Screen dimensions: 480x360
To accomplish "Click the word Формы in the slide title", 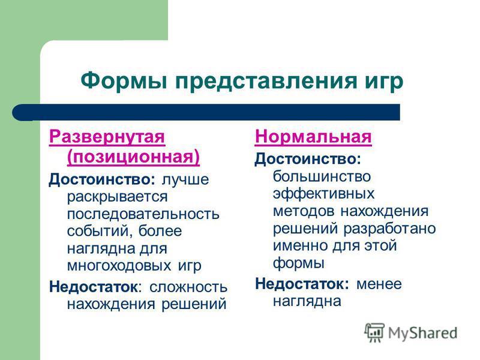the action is pyautogui.click(x=124, y=80).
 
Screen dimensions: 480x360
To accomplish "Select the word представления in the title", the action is pyautogui.click(x=265, y=82).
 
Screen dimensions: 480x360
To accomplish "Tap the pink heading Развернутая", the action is pyautogui.click(x=107, y=137).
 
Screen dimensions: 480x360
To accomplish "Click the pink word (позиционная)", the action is pyautogui.click(x=133, y=157).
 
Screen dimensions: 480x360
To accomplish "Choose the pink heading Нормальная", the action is pyautogui.click(x=313, y=137).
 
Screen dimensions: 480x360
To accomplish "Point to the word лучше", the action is pyautogui.click(x=185, y=179).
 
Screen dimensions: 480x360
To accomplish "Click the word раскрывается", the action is pyautogui.click(x=117, y=197).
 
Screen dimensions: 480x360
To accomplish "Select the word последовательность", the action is pyautogui.click(x=143, y=214).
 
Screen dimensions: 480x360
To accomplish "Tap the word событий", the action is pyautogui.click(x=100, y=231).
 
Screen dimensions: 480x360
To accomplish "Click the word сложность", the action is pyautogui.click(x=188, y=287).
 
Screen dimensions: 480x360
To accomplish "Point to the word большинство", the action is pyautogui.click(x=322, y=176).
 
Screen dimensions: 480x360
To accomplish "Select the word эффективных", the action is pyautogui.click(x=323, y=193).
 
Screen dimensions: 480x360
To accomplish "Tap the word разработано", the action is pyautogui.click(x=389, y=229).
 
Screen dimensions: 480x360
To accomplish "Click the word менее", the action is pyautogui.click(x=379, y=284).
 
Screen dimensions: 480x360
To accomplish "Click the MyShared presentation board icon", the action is pyautogui.click(x=374, y=332).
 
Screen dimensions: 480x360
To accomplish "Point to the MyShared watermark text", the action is pyautogui.click(x=422, y=333).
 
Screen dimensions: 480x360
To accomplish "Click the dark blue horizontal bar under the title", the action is pyautogui.click(x=206, y=112).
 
